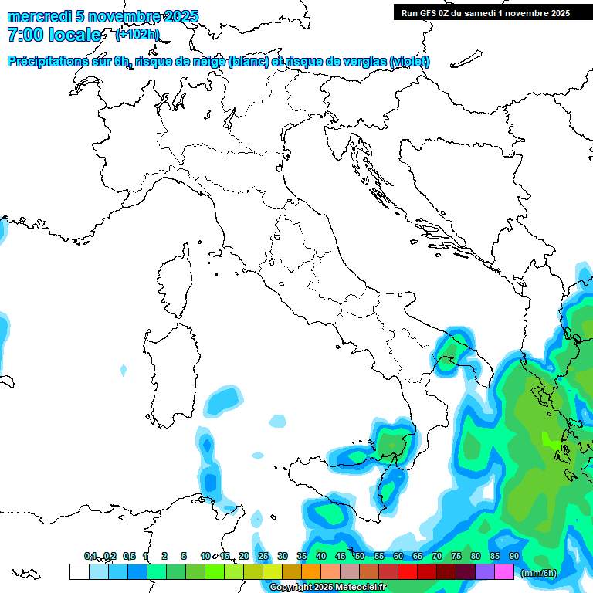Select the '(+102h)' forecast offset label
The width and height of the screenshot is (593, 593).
click(x=137, y=34)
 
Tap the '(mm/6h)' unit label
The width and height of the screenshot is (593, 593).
click(x=538, y=572)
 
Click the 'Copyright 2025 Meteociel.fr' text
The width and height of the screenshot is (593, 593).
click(x=327, y=587)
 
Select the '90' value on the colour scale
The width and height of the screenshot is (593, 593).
click(x=513, y=556)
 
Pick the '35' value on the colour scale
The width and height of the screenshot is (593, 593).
click(x=301, y=556)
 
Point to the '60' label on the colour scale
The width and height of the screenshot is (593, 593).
click(x=398, y=556)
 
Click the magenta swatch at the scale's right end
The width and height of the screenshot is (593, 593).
click(x=504, y=571)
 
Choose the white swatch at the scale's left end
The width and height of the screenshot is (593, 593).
click(x=79, y=571)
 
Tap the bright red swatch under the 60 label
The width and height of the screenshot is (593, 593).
click(x=407, y=571)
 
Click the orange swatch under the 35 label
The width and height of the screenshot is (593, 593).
click(x=310, y=571)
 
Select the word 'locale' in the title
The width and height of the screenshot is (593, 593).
click(x=75, y=35)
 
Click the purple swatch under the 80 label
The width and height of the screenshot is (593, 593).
click(x=484, y=571)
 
